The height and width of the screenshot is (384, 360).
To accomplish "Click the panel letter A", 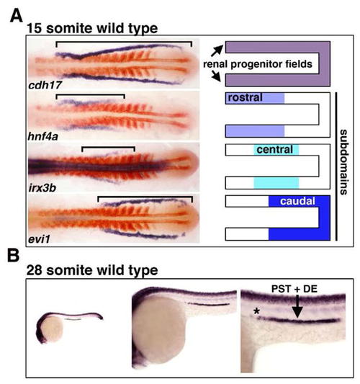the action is pyautogui.click(x=17, y=16).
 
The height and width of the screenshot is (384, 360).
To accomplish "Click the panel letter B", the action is pyautogui.click(x=13, y=256).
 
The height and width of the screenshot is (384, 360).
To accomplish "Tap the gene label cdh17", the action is pyautogui.click(x=45, y=85).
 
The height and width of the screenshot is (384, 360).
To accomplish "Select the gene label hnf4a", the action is pyautogui.click(x=43, y=136).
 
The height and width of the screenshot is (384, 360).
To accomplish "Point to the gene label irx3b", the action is pyautogui.click(x=42, y=188).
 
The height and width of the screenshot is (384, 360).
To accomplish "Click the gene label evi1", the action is pyautogui.click(x=40, y=238).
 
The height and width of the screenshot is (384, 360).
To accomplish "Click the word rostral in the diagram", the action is pyautogui.click(x=246, y=97).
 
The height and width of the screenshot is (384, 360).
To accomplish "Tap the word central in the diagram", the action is pyautogui.click(x=275, y=149).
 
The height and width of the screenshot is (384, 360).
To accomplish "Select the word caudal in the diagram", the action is pyautogui.click(x=297, y=201).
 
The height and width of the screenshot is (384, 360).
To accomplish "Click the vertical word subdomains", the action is pyautogui.click(x=343, y=162).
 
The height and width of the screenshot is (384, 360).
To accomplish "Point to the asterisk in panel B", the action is pyautogui.click(x=256, y=311).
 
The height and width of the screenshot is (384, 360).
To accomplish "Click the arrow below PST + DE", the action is pyautogui.click(x=297, y=306).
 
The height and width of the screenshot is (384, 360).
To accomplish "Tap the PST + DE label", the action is pyautogui.click(x=294, y=289).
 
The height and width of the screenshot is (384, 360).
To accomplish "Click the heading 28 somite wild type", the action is pyautogui.click(x=92, y=270).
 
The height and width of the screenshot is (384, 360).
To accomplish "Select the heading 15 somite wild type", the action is pyautogui.click(x=92, y=28).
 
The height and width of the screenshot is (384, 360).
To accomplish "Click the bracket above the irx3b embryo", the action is pyautogui.click(x=108, y=148).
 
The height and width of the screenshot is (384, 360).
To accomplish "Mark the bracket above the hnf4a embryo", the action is pyautogui.click(x=90, y=95).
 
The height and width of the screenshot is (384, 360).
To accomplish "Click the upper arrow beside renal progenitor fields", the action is pyautogui.click(x=217, y=50).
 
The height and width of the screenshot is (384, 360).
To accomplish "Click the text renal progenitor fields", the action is pyautogui.click(x=258, y=64).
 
